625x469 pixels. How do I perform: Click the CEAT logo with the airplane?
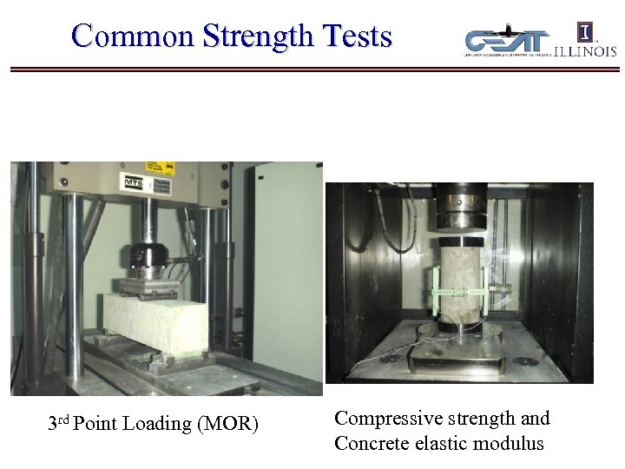tap(507, 42)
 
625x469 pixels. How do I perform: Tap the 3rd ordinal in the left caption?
tap(58, 423)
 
